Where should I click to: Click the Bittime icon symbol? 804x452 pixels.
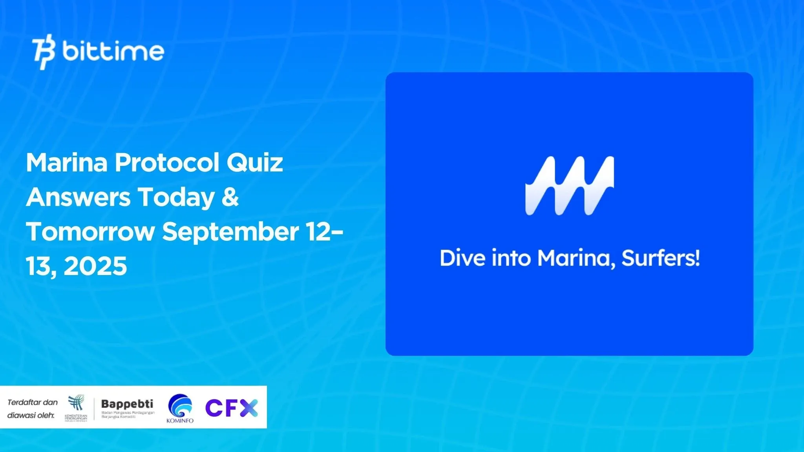click(x=44, y=52)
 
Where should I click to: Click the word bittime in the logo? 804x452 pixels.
click(x=113, y=51)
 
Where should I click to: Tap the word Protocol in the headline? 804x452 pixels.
click(x=166, y=162)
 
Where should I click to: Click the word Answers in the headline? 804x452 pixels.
click(x=78, y=197)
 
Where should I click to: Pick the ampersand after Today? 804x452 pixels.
click(x=230, y=197)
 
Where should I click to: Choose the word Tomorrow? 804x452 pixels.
click(x=90, y=231)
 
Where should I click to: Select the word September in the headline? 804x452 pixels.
click(x=230, y=232)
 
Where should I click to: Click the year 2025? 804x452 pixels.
click(x=95, y=266)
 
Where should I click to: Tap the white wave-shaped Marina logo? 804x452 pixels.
click(x=570, y=186)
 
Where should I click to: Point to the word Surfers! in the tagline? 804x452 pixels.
click(x=660, y=259)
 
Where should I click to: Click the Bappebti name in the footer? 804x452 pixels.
click(x=127, y=404)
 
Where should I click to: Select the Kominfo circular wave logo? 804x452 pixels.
click(x=180, y=406)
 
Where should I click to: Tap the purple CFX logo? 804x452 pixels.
click(x=232, y=408)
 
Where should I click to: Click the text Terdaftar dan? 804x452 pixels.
click(x=33, y=402)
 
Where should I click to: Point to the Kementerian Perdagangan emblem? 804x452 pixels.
click(x=76, y=404)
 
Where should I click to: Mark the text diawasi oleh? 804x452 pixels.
click(x=31, y=415)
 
